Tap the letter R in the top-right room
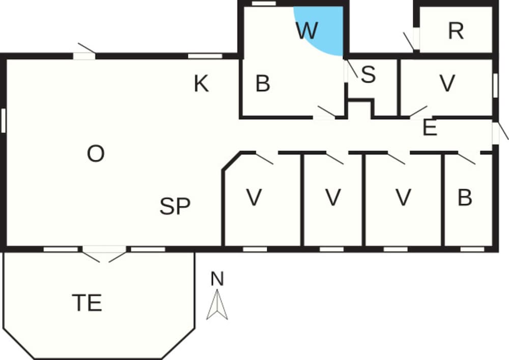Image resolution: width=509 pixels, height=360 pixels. point(456,31)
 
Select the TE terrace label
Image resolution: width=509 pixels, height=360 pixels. point(87,302)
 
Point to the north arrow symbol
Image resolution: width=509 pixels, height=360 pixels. point(217,304)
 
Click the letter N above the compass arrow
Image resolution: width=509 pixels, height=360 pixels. point(217,279)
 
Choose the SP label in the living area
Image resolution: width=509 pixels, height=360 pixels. point(175,206)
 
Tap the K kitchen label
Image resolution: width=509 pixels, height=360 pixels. point(201,84)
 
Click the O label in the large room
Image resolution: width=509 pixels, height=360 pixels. point(96,154)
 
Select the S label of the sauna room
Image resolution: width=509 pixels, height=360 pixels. point(368,74)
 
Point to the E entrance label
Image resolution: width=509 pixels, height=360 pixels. point(430,128)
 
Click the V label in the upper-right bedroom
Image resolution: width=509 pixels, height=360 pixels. point(447,83)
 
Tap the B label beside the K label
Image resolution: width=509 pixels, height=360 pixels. point(263,83)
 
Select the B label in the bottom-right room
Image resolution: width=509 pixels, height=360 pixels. point(465,197)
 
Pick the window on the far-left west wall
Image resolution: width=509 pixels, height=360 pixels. point(4,121)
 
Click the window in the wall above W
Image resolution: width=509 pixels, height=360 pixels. point(264,4)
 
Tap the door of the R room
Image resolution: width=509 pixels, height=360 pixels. point(411,41)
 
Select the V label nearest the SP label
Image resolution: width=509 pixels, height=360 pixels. point(254,197)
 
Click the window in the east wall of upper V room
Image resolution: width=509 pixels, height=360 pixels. point(495,86)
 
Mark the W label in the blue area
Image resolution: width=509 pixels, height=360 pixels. point(307,31)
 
